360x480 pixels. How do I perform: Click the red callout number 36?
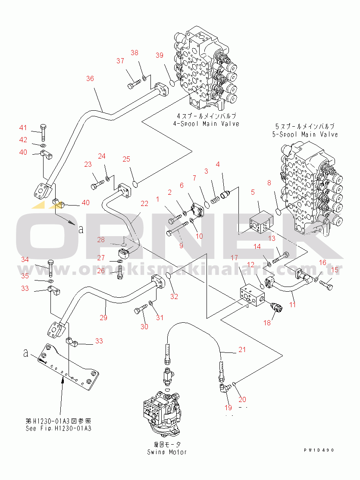[90, 78]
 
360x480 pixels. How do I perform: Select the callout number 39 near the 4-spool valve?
[160, 55]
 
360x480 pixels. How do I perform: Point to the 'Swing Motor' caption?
[167, 452]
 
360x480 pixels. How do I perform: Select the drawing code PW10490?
[318, 450]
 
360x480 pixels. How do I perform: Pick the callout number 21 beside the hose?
[242, 350]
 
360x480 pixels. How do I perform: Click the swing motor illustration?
[163, 409]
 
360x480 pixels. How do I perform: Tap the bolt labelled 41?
[44, 132]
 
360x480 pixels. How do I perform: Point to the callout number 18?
[267, 322]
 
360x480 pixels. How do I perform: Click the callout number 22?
[144, 203]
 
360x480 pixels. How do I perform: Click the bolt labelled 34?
[50, 270]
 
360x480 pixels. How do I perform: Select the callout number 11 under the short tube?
[292, 304]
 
